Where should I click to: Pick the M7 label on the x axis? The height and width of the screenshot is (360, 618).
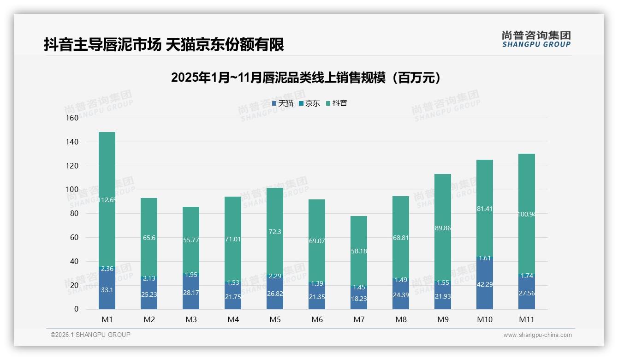coord(359,319)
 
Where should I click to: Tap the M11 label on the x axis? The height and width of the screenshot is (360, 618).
coord(527,319)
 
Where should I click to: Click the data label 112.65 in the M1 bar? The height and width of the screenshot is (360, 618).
coord(107,200)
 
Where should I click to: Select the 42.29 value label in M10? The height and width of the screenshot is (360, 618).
coord(485,284)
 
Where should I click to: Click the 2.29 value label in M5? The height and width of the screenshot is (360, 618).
coord(275,276)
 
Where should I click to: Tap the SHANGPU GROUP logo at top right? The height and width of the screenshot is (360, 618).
coord(536,39)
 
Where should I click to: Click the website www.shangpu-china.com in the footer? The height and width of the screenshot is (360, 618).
coord(537,335)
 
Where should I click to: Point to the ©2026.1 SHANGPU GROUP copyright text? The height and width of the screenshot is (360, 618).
coord(90,335)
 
